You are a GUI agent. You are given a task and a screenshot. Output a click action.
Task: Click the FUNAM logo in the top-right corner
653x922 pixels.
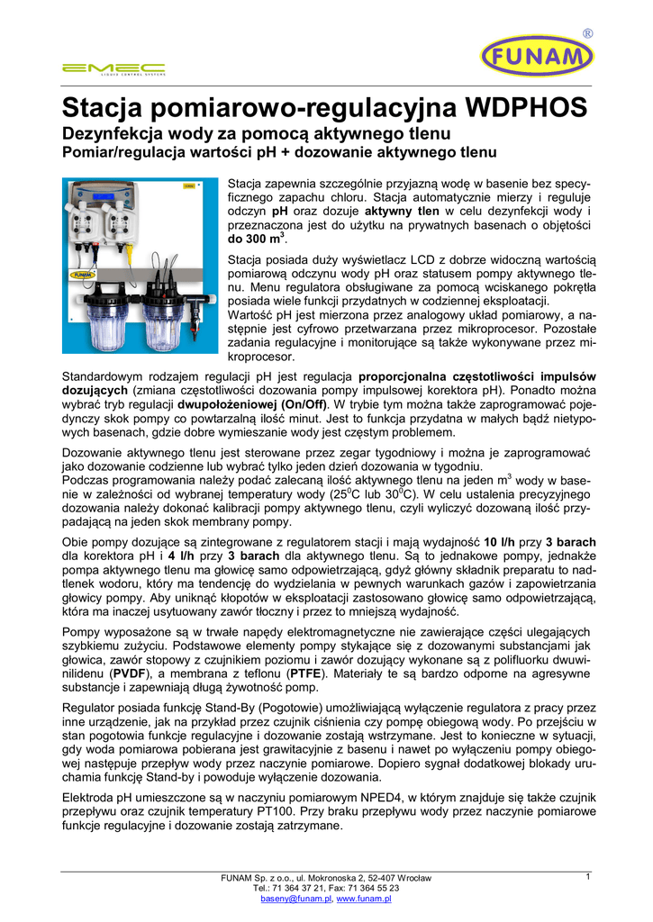tap(538, 57)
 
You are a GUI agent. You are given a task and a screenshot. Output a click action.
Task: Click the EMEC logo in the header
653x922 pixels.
tap(113, 68)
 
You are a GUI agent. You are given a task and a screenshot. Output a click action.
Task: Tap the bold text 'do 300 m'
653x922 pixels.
tap(256, 240)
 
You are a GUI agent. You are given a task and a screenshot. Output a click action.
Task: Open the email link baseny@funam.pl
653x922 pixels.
tap(295, 899)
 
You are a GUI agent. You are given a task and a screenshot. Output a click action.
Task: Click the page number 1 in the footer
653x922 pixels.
tap(587, 877)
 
